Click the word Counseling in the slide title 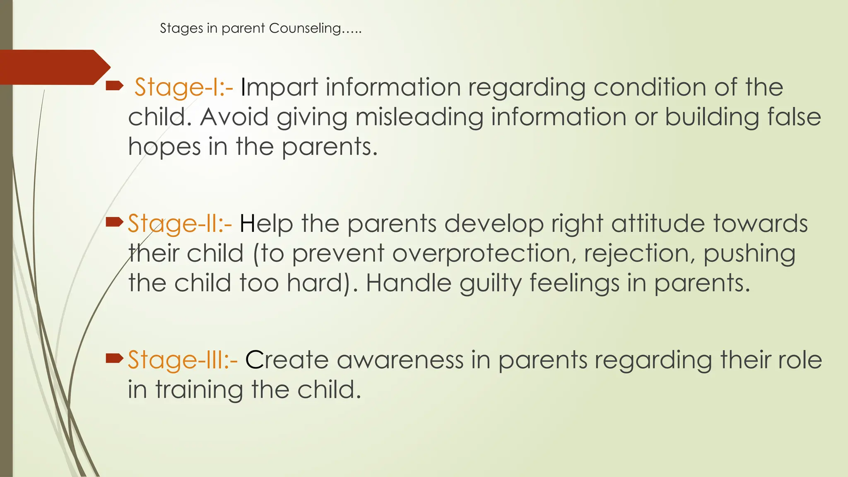point(305,28)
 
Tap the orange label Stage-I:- point(183,88)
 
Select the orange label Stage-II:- point(179,224)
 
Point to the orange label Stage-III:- point(182,360)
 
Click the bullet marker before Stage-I point(114,86)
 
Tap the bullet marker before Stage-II point(114,223)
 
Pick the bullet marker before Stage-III point(114,358)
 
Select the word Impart point(279,88)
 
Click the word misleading point(419,118)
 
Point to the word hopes point(164,147)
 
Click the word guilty point(490,284)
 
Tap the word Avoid point(234,118)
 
